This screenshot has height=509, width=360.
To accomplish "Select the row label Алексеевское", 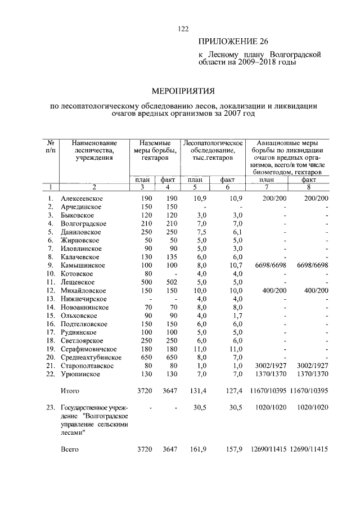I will (x=83, y=199).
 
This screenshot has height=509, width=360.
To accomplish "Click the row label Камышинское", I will (x=83, y=265).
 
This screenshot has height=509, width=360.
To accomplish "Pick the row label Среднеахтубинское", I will (x=91, y=357).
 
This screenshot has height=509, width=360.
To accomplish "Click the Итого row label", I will (x=70, y=390).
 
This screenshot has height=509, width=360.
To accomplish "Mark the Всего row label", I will (x=69, y=449).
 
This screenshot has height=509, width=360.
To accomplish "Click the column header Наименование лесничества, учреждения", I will (x=94, y=151).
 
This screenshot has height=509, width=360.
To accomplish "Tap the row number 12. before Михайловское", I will (x=49, y=290).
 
